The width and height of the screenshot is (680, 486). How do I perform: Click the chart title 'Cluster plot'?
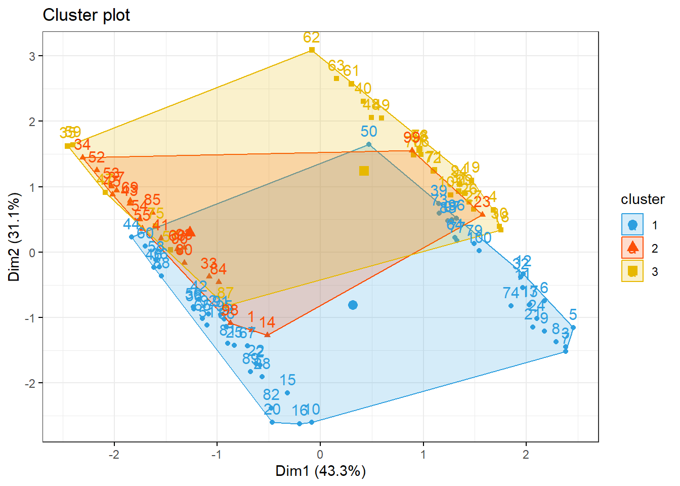point(86,15)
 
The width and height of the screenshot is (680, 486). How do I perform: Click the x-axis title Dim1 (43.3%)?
point(320,471)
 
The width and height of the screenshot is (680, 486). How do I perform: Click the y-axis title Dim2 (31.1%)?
point(14,237)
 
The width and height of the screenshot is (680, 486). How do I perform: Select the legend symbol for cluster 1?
point(632,225)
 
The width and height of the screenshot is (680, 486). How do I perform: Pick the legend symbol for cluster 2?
point(632,248)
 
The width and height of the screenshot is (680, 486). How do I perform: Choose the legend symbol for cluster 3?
point(632,271)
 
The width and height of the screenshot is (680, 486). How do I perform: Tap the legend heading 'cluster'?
point(643,199)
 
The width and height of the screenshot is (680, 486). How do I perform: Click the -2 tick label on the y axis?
point(31,383)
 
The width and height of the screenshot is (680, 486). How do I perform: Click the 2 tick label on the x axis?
point(526,454)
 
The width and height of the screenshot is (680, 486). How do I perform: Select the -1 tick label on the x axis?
point(216,454)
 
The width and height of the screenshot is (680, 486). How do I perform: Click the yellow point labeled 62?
point(312,50)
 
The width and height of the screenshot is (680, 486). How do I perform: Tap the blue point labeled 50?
point(369,144)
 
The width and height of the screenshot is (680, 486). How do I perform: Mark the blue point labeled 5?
point(573,328)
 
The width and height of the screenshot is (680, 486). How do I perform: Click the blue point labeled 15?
point(287,393)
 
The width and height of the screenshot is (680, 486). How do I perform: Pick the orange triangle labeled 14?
point(267,335)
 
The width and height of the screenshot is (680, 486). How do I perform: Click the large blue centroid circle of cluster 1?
point(353,305)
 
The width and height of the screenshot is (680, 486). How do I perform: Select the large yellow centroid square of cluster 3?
point(364,171)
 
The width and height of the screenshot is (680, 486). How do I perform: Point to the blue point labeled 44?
point(132,237)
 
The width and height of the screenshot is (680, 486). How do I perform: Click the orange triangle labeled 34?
point(83,157)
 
